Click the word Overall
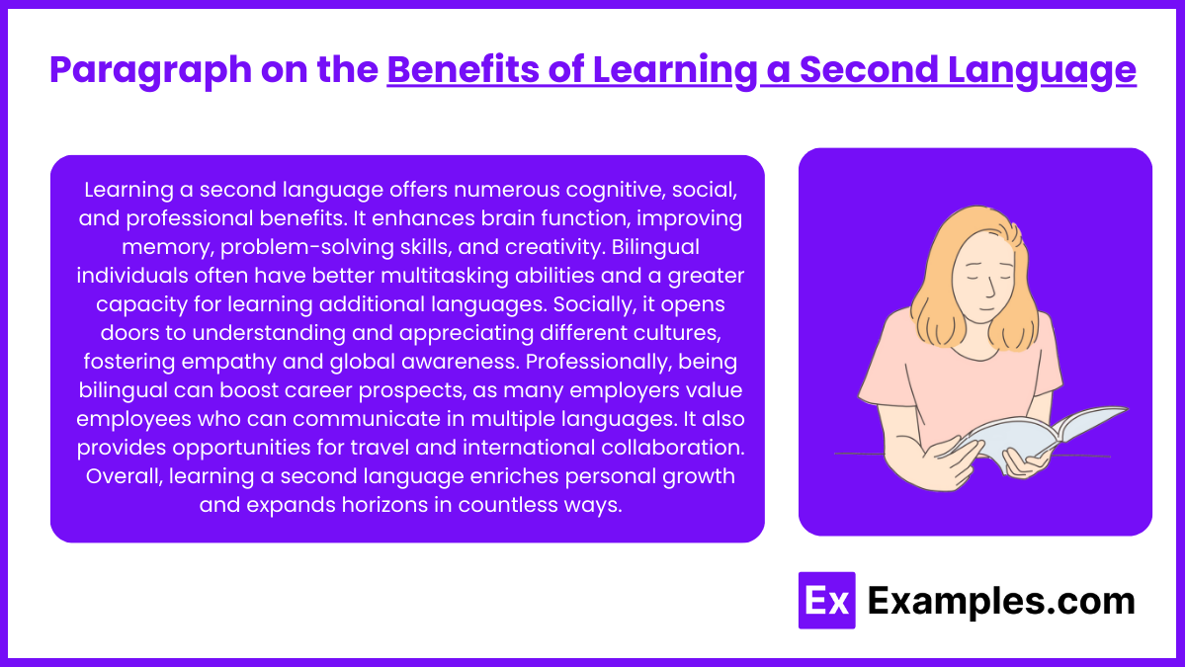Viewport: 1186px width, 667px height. tap(125, 475)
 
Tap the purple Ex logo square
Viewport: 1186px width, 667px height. tap(826, 601)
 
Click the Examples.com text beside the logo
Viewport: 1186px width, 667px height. tap(1000, 601)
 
